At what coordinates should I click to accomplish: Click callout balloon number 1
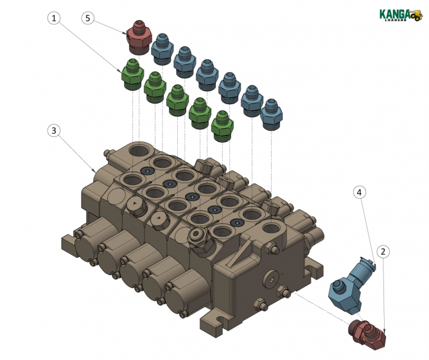pyautogui.click(x=55, y=18)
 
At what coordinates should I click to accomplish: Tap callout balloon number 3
pyautogui.click(x=55, y=130)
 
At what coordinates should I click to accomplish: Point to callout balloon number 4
pyautogui.click(x=360, y=192)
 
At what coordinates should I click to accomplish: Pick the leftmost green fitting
pyautogui.click(x=132, y=74)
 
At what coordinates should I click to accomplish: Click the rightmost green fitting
pyautogui.click(x=222, y=125)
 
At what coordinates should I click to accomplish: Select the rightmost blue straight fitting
pyautogui.click(x=272, y=115)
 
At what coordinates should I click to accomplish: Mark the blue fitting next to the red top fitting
pyautogui.click(x=162, y=49)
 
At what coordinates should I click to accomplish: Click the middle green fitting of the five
pyautogui.click(x=177, y=99)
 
